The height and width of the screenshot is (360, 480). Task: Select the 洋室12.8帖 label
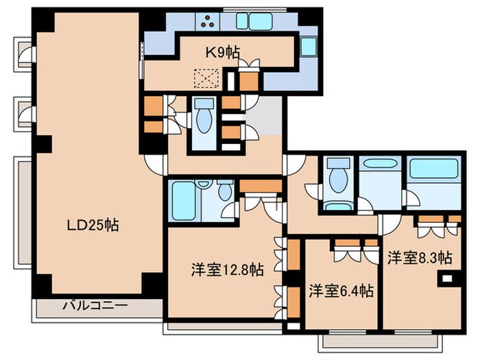pos(227,269)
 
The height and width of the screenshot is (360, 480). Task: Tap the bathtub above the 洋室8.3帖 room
pos(433,169)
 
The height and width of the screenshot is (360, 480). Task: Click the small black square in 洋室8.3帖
pos(447,279)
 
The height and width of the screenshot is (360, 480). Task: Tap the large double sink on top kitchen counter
pos(254,22)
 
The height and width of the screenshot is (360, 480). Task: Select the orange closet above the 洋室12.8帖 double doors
pos(261,185)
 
